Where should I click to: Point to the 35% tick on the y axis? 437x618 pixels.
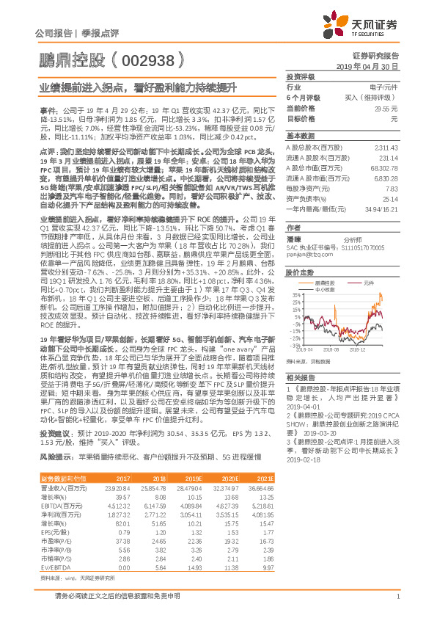298,295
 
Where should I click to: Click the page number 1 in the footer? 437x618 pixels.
397,604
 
